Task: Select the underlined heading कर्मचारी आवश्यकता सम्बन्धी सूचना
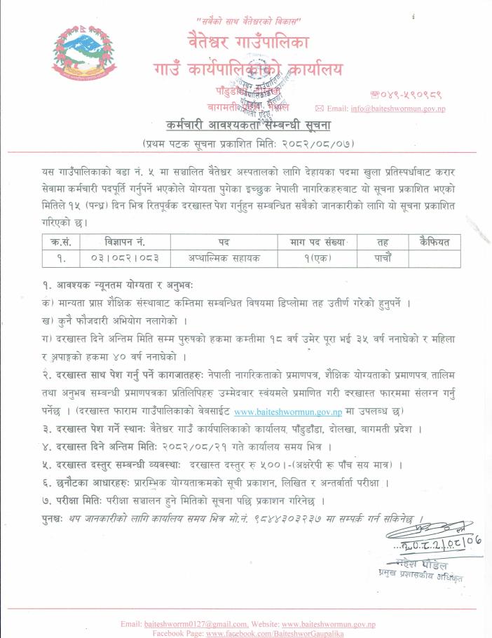pos(250,126)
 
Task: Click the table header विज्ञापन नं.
pos(124,242)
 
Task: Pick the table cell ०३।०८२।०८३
pos(124,257)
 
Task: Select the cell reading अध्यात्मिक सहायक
pos(224,257)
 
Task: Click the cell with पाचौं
pos(383,257)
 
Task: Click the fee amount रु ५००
pos(264,464)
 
